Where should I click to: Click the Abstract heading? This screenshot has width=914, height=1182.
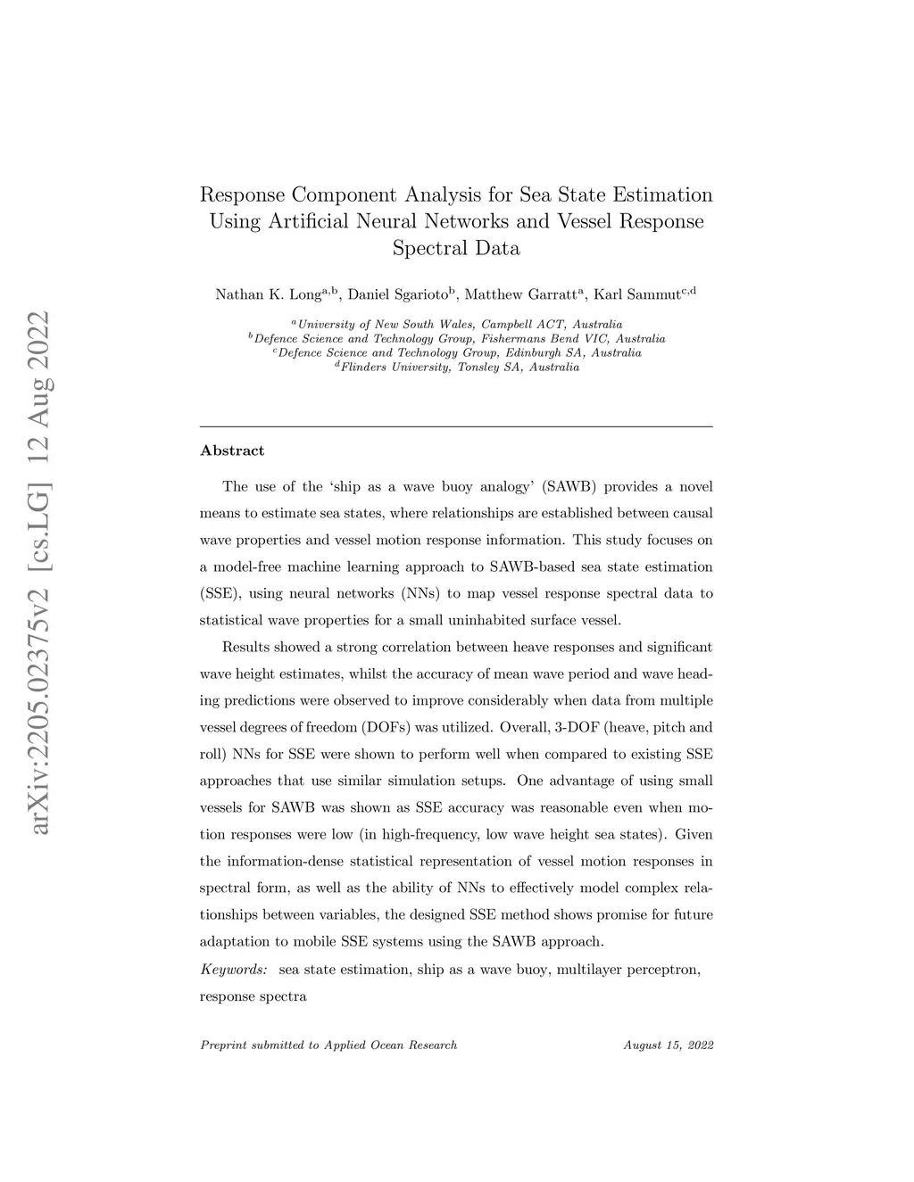pyautogui.click(x=232, y=450)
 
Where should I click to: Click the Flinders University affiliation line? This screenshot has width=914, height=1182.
pyautogui.click(x=456, y=367)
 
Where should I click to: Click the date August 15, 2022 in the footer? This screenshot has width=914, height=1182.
pyautogui.click(x=669, y=1045)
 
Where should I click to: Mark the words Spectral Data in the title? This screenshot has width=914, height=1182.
pyautogui.click(x=456, y=248)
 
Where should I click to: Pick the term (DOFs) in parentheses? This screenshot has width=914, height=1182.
pyautogui.click(x=364, y=727)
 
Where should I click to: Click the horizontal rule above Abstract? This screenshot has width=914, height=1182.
pyautogui.click(x=456, y=426)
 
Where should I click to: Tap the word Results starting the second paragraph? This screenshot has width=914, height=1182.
pyautogui.click(x=245, y=647)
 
